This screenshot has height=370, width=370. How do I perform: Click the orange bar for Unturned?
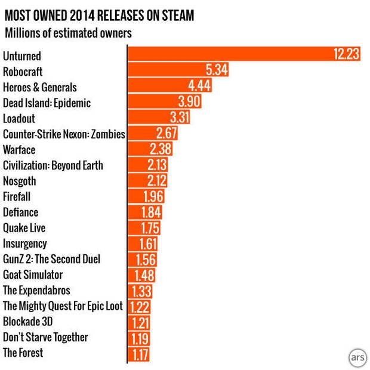[239, 55]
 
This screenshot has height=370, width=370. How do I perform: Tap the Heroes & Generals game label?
[40, 87]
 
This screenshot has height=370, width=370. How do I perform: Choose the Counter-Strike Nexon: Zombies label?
[64, 134]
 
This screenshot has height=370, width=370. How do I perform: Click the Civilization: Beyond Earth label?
[53, 165]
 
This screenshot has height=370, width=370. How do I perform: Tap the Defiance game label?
[21, 212]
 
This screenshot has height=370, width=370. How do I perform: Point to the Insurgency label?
[25, 243]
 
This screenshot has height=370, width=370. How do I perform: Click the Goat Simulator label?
[33, 275]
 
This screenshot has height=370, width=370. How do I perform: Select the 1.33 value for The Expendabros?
[141, 291]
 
